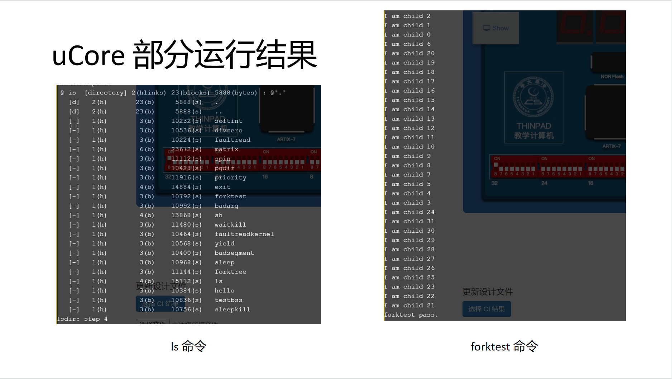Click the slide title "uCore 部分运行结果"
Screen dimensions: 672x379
tap(184, 55)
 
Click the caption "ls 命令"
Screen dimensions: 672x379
tap(188, 346)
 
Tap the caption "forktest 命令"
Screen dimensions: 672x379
tap(504, 346)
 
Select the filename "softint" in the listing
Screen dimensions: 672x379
tap(228, 121)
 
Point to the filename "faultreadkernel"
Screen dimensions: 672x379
tap(244, 234)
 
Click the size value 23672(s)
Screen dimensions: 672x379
tap(186, 149)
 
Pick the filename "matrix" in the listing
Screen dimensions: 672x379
tap(226, 149)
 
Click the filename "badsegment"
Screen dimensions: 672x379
tap(234, 253)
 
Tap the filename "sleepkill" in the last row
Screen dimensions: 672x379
tap(232, 310)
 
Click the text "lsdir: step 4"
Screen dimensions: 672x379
tap(82, 319)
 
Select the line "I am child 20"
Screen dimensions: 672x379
tap(409, 53)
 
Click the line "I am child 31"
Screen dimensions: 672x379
tap(409, 222)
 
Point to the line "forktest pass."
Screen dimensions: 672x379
tap(411, 315)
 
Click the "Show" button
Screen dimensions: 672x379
tap(496, 28)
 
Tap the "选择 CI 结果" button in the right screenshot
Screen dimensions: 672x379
tap(486, 309)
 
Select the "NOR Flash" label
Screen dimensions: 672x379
tap(612, 77)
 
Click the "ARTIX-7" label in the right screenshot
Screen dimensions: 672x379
tap(611, 146)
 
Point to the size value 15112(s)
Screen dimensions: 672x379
tap(186, 281)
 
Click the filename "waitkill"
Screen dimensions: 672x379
tap(230, 225)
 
